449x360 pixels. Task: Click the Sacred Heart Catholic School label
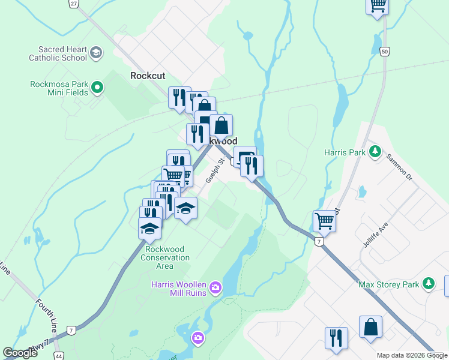(58, 53)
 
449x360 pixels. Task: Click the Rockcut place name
(148, 76)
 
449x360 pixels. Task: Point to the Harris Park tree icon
(375, 152)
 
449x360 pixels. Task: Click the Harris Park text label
(345, 152)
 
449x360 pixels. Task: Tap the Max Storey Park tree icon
(428, 283)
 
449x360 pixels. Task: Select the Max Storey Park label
(388, 284)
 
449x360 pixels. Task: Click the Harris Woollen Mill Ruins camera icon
(215, 289)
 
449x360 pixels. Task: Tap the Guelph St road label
(214, 171)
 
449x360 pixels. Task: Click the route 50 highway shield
(385, 52)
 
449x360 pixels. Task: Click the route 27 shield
(73, 4)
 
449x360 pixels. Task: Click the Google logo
(20, 353)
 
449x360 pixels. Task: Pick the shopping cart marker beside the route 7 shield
(324, 221)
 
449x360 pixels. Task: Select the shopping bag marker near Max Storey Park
(370, 327)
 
